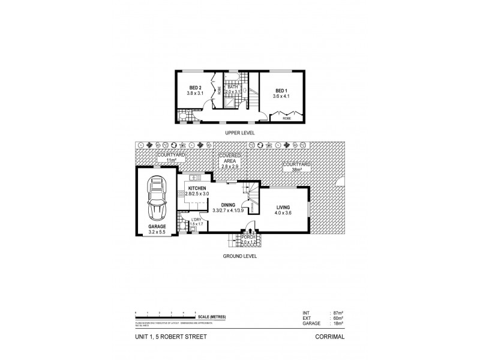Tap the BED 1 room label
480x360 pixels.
[x=277, y=91]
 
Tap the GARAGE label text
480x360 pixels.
[x=157, y=227]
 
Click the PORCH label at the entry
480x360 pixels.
[x=248, y=236]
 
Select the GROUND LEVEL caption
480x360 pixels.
[x=241, y=256]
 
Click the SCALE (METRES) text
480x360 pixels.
[x=221, y=316]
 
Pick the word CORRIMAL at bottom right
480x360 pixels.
[x=329, y=337]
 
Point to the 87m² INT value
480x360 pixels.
[x=338, y=313]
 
